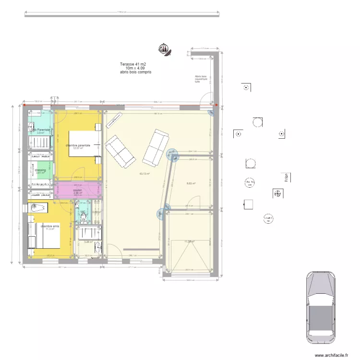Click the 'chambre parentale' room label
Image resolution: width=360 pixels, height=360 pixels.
coord(78,145)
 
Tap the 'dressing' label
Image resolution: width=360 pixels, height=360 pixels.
coord(40,170)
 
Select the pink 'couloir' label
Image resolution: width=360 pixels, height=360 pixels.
coord(78,190)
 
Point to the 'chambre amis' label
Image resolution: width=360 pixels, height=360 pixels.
coord(50,226)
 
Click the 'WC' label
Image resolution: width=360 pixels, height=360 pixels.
coord(83,212)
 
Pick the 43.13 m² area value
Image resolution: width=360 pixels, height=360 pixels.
coord(144,174)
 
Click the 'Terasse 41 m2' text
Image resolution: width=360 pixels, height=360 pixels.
coord(133,64)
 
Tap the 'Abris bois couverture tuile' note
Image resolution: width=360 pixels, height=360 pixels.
coord(201,79)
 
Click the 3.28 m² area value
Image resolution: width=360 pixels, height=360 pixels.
coord(88,242)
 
